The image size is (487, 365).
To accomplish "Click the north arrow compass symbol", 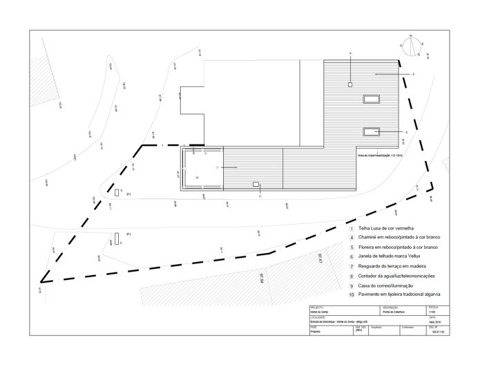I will pyautogui.click(x=412, y=46).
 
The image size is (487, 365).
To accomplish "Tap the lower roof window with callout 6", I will pyautogui.click(x=374, y=129).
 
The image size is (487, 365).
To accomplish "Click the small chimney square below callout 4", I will pyautogui.click(x=350, y=84).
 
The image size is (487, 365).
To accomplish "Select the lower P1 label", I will pyautogui.click(x=129, y=235).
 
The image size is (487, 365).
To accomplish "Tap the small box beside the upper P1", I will pyautogui.click(x=117, y=191).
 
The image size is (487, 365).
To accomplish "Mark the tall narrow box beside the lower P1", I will pyautogui.click(x=117, y=238).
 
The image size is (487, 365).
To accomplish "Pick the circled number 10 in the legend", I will pyautogui.click(x=351, y=294).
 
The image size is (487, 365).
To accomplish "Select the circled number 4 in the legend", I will pyautogui.click(x=351, y=237).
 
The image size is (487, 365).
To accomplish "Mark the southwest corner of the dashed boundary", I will pyautogui.click(x=42, y=282).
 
